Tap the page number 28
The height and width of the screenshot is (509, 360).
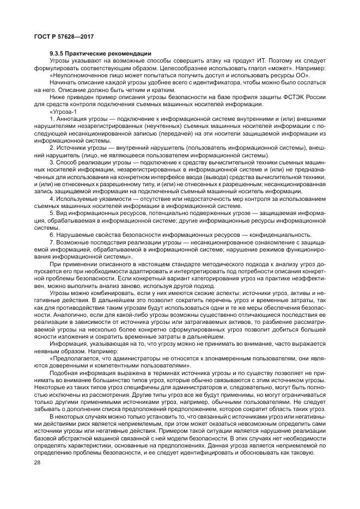[x=38, y=462]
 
